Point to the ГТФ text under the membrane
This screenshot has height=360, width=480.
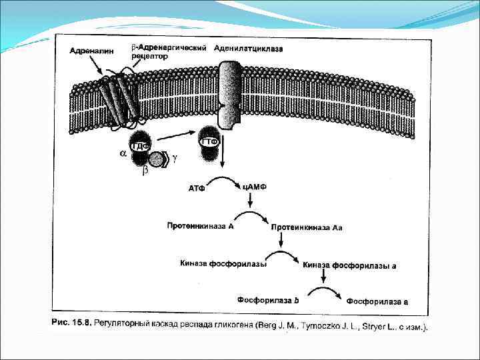click(209, 141)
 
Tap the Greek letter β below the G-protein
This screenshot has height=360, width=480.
click(145, 171)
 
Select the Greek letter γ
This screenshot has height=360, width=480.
click(175, 159)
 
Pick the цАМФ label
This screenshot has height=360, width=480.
click(254, 186)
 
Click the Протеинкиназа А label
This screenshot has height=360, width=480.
click(199, 226)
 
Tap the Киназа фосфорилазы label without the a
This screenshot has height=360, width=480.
click(223, 263)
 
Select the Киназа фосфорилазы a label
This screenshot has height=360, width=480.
click(349, 265)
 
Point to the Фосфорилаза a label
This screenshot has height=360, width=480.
click(377, 301)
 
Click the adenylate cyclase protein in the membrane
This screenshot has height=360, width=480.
click(230, 97)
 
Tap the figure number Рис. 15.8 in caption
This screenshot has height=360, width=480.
click(71, 323)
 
